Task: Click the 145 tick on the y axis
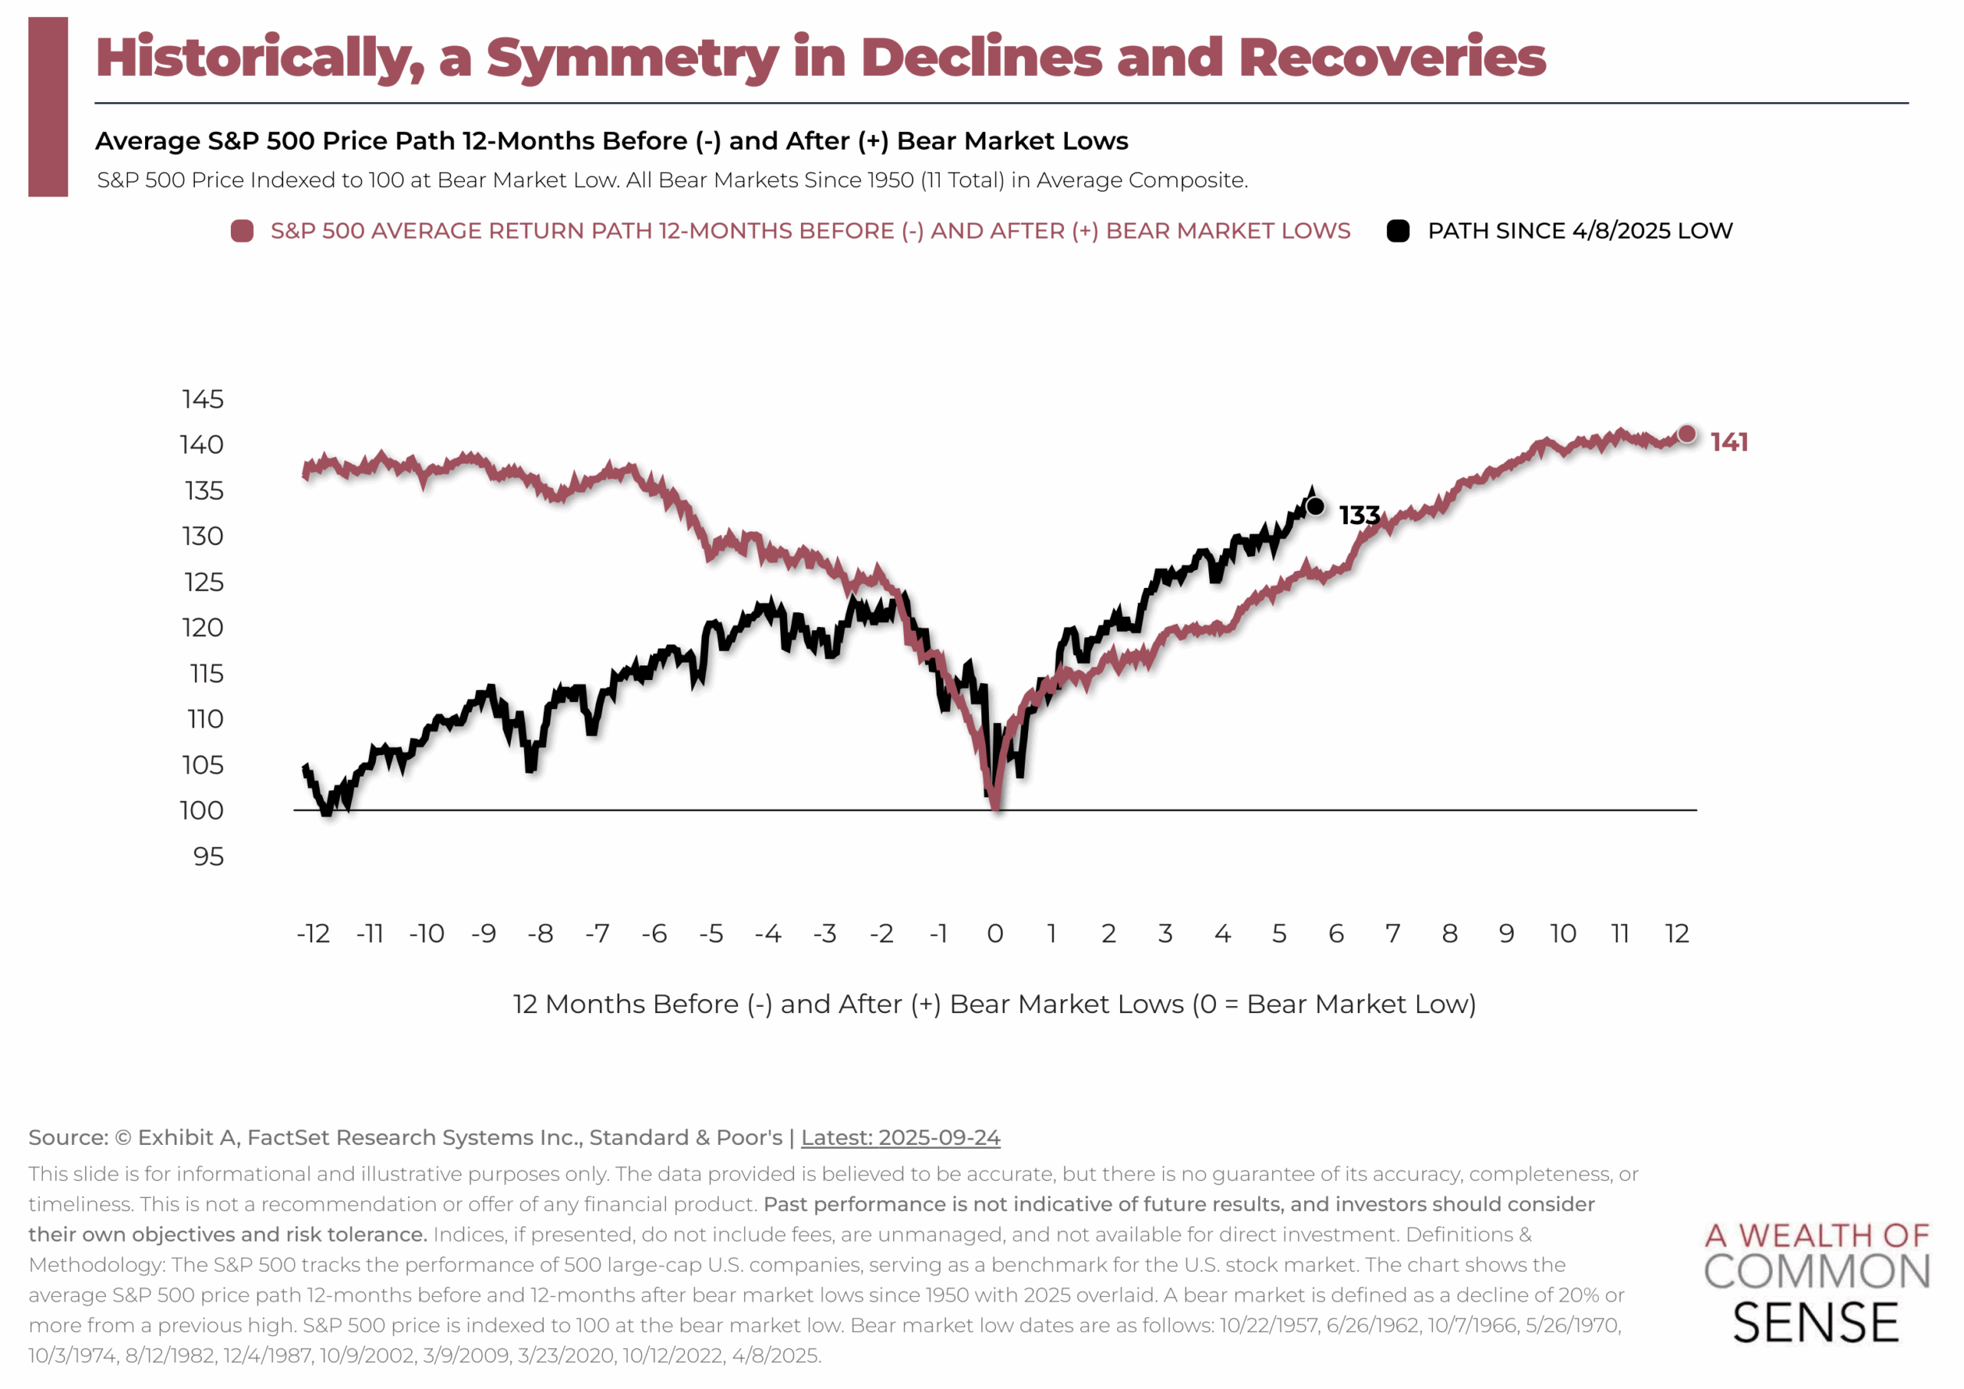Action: pos(203,399)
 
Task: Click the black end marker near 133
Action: pos(1316,506)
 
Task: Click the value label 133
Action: pos(1359,515)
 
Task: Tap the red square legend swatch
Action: pos(242,231)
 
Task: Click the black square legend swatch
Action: pos(1398,231)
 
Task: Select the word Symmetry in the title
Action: pos(632,58)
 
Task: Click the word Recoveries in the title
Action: pos(1392,58)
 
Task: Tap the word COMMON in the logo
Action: pos(1817,1272)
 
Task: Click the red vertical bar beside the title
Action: pos(48,107)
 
